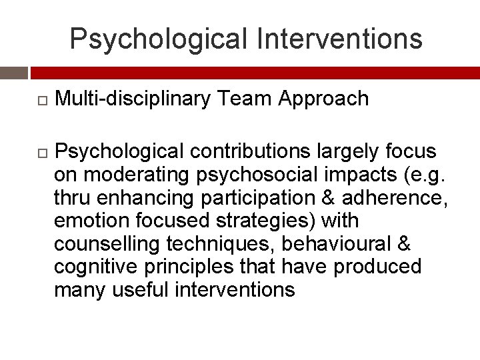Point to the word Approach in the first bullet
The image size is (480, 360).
coord(323,99)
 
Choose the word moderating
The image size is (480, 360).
coord(136,175)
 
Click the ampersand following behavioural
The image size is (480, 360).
coord(404,243)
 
